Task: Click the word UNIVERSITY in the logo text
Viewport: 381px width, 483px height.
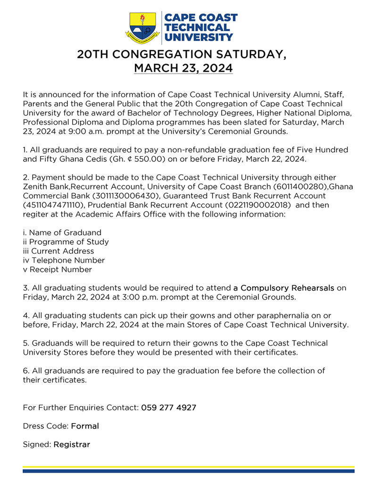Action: click(198, 37)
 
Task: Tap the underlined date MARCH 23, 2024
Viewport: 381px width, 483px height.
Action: click(183, 69)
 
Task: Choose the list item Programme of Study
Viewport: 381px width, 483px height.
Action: click(69, 242)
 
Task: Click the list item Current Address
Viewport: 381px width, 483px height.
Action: click(62, 251)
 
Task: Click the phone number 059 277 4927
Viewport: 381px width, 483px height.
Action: click(168, 408)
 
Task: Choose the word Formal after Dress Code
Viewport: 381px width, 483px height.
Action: click(85, 426)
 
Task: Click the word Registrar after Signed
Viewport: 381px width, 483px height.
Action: click(72, 444)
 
